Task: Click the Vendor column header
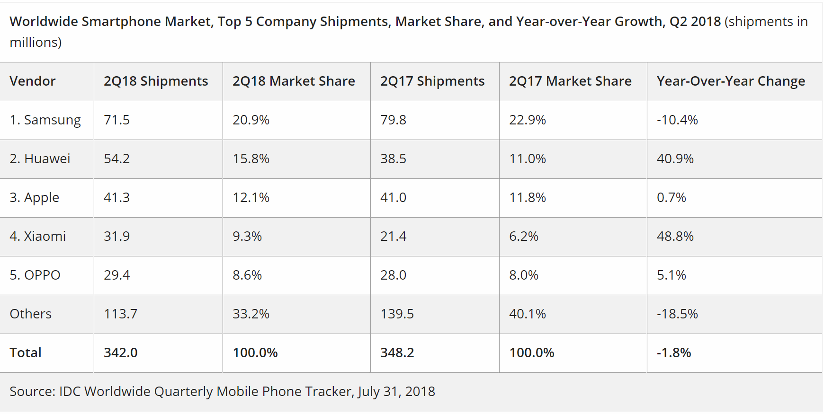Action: tap(32, 81)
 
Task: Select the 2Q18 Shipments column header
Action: tap(156, 81)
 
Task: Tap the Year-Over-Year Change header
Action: tap(731, 81)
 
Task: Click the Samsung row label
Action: tap(45, 120)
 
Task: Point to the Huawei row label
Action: tap(40, 159)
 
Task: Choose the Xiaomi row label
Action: tap(38, 237)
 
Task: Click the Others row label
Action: tap(30, 314)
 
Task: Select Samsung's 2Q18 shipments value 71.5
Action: tap(116, 120)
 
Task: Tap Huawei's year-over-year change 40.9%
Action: tap(675, 159)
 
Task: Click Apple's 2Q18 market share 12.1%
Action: tap(251, 198)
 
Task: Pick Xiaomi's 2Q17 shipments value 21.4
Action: tap(393, 237)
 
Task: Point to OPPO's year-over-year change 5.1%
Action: tap(671, 275)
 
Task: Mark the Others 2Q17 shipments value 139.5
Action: tap(397, 314)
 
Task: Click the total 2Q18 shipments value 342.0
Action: tap(120, 353)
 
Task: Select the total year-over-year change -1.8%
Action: tap(673, 353)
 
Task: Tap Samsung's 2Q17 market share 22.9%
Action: tap(527, 120)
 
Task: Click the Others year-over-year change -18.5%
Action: tap(677, 314)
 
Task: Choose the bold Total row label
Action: tap(26, 353)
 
